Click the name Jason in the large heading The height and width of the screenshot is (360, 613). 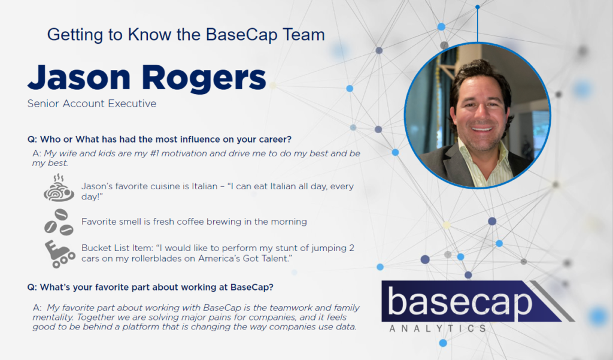click(x=79, y=77)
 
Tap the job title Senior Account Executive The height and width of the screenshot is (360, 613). click(x=92, y=104)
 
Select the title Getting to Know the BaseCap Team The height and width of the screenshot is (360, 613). click(x=186, y=34)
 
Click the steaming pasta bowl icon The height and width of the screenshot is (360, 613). click(x=59, y=188)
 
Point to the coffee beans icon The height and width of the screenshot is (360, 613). click(x=59, y=222)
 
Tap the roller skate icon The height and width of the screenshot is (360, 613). click(x=60, y=255)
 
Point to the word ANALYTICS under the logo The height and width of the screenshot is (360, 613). click(x=438, y=328)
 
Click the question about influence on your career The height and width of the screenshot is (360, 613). click(x=159, y=140)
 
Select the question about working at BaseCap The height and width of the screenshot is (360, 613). click(x=150, y=287)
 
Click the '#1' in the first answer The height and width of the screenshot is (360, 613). click(x=154, y=153)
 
